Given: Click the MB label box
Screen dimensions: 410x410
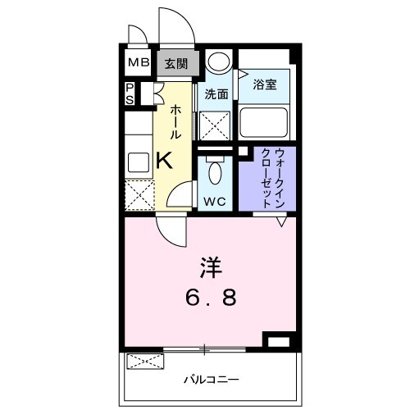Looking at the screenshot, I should [136, 63].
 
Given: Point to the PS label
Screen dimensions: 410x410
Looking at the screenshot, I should [130, 93].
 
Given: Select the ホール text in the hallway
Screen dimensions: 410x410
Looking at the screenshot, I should [176, 123].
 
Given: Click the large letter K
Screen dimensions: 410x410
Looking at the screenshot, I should [164, 160].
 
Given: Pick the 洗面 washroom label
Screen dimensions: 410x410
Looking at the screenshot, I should [216, 94].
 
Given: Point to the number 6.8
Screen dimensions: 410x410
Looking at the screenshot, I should [210, 296].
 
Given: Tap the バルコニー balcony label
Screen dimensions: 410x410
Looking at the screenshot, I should [211, 379].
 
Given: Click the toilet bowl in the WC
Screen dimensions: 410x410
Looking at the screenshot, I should [215, 173].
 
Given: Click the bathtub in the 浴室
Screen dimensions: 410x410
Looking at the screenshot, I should [264, 122].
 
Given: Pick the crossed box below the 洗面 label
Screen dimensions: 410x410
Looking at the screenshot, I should [216, 126].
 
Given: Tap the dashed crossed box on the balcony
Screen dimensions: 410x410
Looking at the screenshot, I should [143, 361].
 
